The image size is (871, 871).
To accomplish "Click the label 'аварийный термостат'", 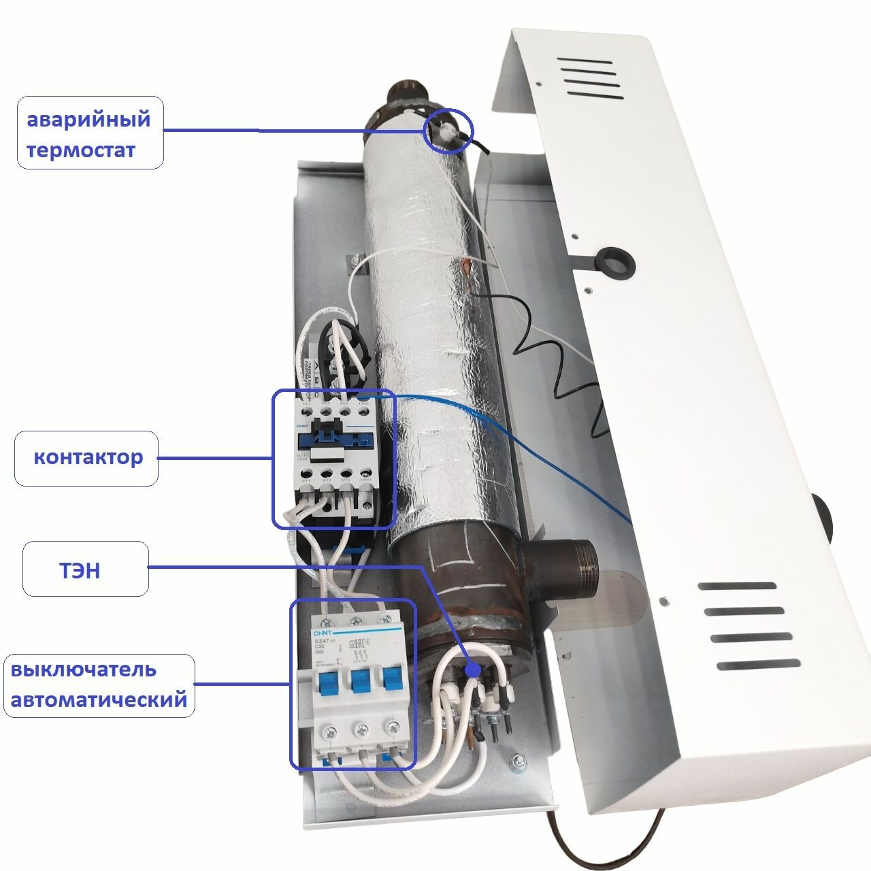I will coord(90,133).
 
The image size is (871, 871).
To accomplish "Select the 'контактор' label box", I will coord(86,458).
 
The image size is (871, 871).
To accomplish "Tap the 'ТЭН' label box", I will coord(85,569).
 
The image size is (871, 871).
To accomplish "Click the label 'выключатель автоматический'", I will coord(99,685).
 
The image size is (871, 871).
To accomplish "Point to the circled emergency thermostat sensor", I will coord(447,129).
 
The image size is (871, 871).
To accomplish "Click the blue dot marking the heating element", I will coord(472,670).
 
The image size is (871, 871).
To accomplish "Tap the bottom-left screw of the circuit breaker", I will coord(329,732).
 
